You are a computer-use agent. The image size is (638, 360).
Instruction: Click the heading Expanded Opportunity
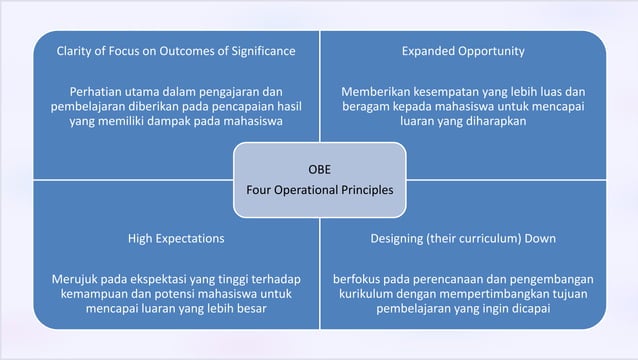click(x=463, y=50)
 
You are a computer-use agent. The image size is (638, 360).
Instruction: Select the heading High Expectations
click(x=176, y=239)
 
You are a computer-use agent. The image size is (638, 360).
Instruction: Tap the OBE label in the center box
click(x=319, y=168)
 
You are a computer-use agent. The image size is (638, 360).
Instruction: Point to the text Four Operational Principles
click(x=319, y=189)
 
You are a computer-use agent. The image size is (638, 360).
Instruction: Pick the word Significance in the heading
click(x=259, y=50)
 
